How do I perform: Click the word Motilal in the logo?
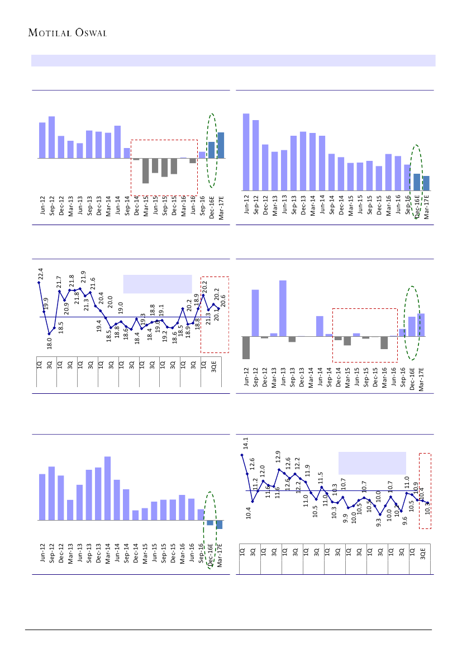[x=50, y=32]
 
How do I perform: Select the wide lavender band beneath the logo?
[x=233, y=60]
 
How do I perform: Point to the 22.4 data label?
[x=41, y=274]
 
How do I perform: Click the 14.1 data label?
[x=245, y=443]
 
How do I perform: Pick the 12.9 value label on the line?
[x=278, y=457]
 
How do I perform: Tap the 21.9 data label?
[x=83, y=277]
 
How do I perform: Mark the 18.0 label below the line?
[x=49, y=342]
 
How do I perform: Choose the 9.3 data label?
[x=379, y=522]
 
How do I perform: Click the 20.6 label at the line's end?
[x=223, y=301]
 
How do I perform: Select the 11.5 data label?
[x=321, y=478]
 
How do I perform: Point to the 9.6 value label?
[x=405, y=522]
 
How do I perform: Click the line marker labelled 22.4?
[x=39, y=282]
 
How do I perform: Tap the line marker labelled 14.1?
[x=242, y=455]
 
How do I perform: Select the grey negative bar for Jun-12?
[x=246, y=347]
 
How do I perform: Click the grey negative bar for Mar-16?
[x=384, y=342]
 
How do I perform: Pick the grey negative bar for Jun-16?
[x=193, y=161]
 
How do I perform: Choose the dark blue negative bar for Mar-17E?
[x=220, y=525]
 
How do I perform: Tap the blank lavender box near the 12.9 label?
[x=371, y=463]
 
